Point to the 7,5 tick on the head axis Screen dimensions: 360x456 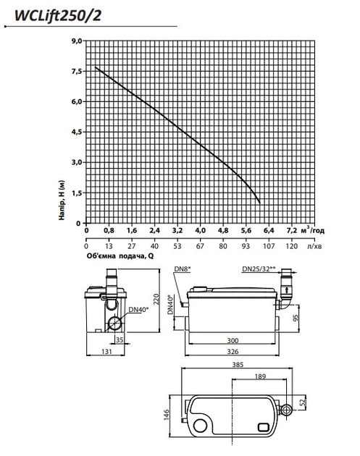click(x=77, y=72)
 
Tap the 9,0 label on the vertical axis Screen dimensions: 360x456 click(x=77, y=41)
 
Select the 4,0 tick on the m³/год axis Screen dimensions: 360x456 click(x=200, y=231)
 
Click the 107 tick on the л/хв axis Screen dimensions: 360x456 click(x=269, y=246)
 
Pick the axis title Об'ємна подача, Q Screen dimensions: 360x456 click(x=120, y=256)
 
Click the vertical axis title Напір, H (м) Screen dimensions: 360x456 click(x=62, y=200)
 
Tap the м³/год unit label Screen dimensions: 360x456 click(x=312, y=230)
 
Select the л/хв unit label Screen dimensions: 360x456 click(x=314, y=246)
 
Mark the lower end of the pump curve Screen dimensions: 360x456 click(x=260, y=203)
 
